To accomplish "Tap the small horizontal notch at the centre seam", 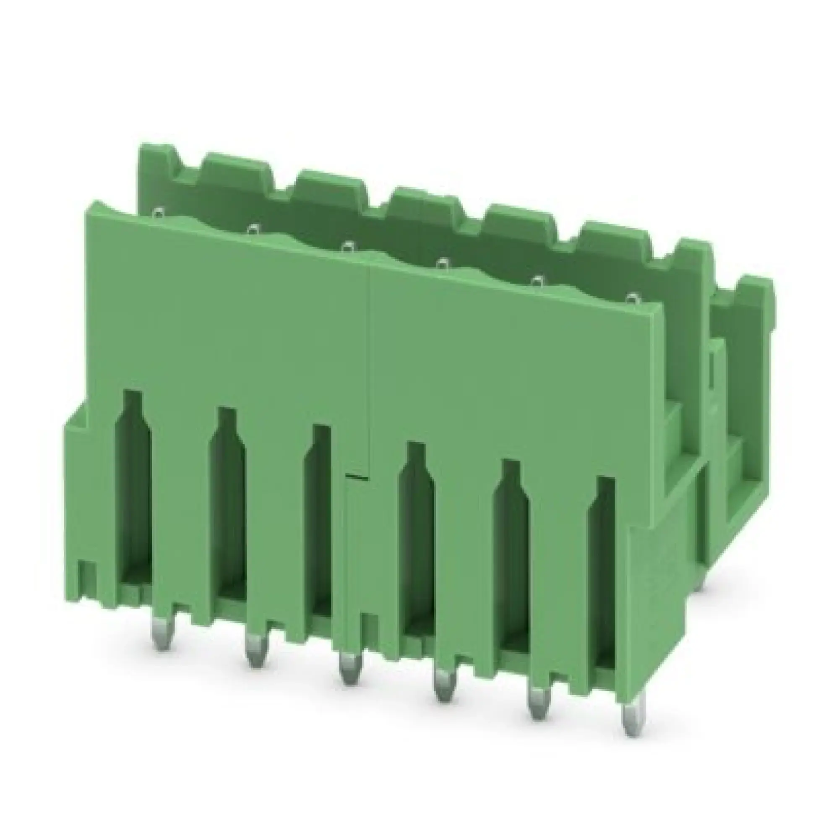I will point(357,478).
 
